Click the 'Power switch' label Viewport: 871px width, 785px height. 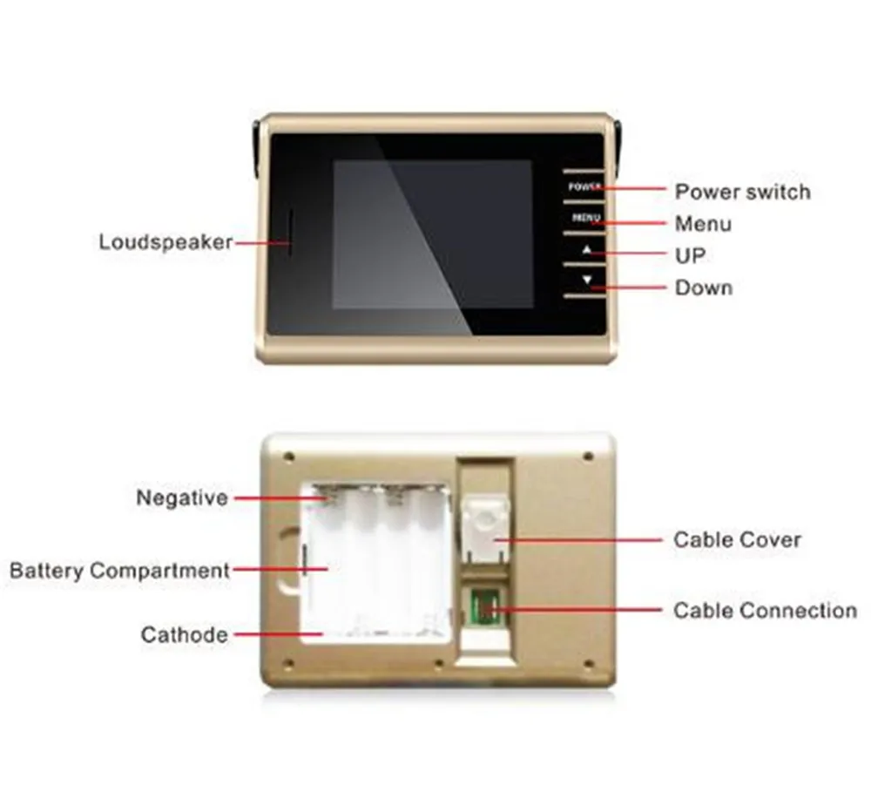pyautogui.click(x=742, y=192)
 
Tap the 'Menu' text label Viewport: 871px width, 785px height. pyautogui.click(x=703, y=224)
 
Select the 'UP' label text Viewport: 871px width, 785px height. pyautogui.click(x=690, y=256)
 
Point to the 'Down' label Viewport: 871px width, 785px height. pyautogui.click(x=703, y=288)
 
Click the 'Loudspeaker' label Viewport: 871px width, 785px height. pyautogui.click(x=165, y=241)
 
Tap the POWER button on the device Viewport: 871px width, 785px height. pyautogui.click(x=582, y=187)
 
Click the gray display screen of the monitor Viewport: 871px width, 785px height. pyautogui.click(x=433, y=233)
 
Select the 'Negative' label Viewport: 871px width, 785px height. pyautogui.click(x=182, y=498)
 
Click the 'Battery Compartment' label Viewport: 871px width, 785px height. pyautogui.click(x=119, y=572)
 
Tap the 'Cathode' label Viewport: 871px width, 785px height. pyautogui.click(x=185, y=635)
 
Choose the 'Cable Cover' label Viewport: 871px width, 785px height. pyautogui.click(x=737, y=540)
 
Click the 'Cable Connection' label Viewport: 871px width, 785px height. pyautogui.click(x=765, y=611)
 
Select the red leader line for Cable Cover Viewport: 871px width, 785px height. pyautogui.click(x=584, y=540)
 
